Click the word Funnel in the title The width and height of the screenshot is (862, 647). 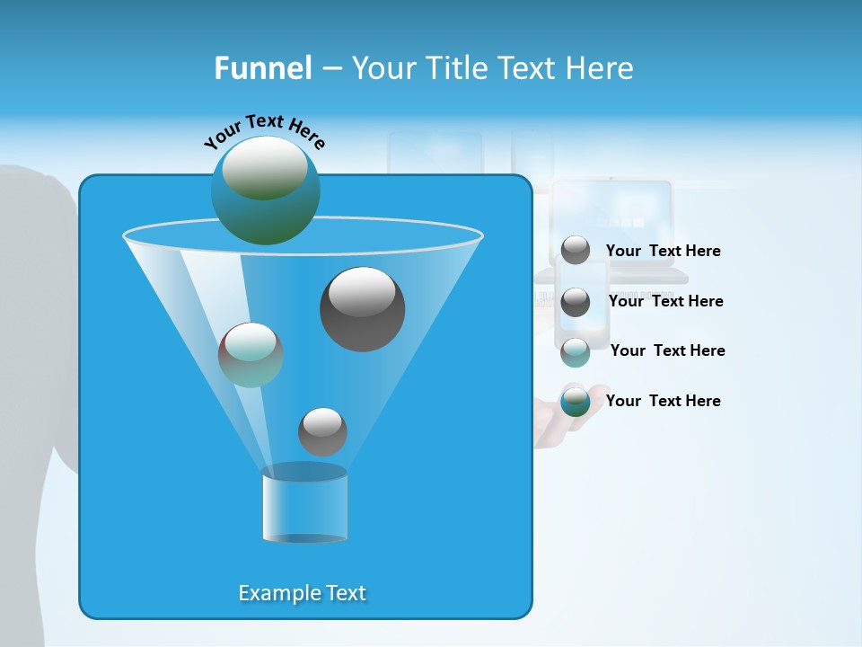(x=262, y=68)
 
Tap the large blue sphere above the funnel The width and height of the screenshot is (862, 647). (x=265, y=191)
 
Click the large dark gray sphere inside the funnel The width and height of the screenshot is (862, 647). (x=362, y=309)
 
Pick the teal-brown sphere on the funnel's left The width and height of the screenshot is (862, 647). (x=251, y=355)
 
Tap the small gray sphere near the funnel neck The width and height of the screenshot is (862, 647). (x=322, y=431)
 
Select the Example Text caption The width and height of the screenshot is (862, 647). (x=302, y=593)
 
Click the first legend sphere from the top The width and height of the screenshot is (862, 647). (x=576, y=250)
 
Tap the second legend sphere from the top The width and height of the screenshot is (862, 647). (x=576, y=302)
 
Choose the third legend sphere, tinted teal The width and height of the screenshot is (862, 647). (x=576, y=352)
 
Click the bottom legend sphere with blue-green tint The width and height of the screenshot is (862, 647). (x=576, y=402)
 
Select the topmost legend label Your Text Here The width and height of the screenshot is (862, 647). (x=663, y=251)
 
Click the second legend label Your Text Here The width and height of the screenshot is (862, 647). (x=665, y=301)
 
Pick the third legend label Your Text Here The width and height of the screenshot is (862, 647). (x=667, y=350)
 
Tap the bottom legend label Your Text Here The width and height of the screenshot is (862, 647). (x=663, y=401)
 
